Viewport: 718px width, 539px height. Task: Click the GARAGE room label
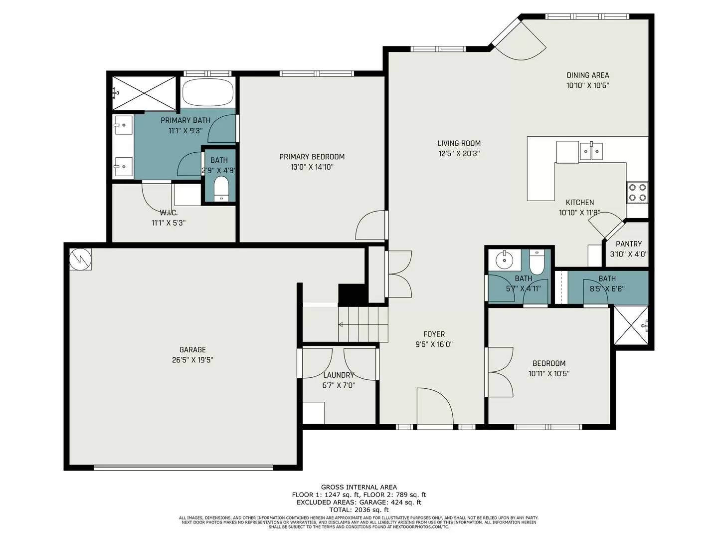tap(192, 349)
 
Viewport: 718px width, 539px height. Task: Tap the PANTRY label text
tap(629, 244)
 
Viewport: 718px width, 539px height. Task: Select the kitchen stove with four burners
tap(637, 193)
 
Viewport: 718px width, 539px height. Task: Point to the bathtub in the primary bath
tap(207, 92)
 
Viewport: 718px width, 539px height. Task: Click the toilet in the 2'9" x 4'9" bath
tap(221, 190)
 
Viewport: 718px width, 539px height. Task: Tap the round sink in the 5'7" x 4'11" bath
tap(505, 260)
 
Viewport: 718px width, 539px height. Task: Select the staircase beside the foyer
tap(363, 324)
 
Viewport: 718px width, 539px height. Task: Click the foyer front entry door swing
tap(434, 406)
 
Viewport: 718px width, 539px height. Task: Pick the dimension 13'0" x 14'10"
tap(312, 167)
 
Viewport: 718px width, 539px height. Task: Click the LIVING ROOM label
tap(459, 143)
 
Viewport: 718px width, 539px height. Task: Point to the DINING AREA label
tap(587, 75)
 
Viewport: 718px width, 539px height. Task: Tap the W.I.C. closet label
tap(169, 213)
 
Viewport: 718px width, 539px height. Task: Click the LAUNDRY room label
tap(339, 375)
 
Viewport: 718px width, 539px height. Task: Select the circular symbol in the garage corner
tap(80, 259)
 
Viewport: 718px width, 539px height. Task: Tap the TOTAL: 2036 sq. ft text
tap(359, 510)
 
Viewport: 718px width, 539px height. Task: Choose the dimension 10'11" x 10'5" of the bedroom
tap(548, 373)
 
